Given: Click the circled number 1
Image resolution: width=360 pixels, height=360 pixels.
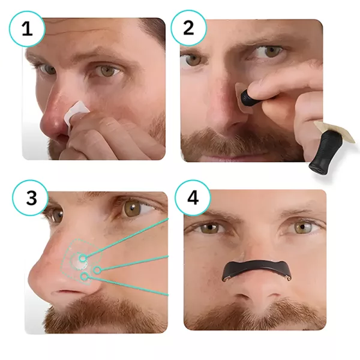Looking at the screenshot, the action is point(27,29).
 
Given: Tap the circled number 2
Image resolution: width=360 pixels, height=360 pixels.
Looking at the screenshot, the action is point(188,28).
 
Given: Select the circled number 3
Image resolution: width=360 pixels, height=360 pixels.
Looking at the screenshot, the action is point(31,198).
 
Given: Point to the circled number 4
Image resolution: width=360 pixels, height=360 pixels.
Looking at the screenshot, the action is point(193,198).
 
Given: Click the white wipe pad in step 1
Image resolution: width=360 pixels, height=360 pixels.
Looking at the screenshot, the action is point(76,112).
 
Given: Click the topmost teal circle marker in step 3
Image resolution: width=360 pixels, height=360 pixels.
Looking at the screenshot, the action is point(83,259).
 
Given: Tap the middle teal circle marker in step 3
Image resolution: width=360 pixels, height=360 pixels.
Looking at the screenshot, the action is point(97,270).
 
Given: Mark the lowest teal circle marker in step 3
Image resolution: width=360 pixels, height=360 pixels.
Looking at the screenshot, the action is point(85,277).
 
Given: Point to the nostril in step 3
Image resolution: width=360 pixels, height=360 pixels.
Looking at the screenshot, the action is point(65,292).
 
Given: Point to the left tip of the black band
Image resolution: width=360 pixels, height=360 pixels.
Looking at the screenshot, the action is point(224,279).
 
